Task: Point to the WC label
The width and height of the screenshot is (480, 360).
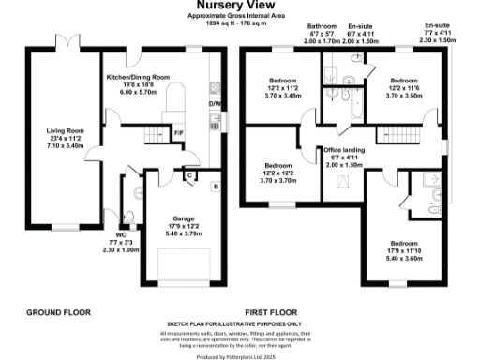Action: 121,234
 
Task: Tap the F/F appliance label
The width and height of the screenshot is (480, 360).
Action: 178,132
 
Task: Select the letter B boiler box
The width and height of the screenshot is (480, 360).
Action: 216,187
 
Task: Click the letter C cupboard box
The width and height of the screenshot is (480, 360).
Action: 189,175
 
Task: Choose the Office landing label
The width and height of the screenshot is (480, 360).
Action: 345,149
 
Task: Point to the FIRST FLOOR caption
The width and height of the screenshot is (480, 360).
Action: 270,312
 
